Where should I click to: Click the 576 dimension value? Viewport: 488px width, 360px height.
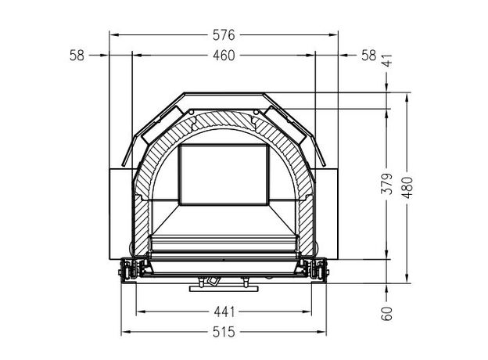click(x=224, y=35)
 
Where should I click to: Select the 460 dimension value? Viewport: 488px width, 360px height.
click(x=224, y=56)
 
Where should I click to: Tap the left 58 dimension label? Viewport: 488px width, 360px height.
click(x=77, y=56)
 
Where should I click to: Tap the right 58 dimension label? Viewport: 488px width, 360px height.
click(x=369, y=56)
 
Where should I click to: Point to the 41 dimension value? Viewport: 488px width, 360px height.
click(x=387, y=60)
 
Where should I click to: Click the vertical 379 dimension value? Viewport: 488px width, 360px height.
click(x=387, y=184)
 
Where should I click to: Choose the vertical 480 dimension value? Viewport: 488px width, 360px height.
click(x=407, y=188)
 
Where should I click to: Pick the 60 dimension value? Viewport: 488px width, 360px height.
click(x=387, y=314)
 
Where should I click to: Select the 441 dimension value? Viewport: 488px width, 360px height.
click(x=224, y=311)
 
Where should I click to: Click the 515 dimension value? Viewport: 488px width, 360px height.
click(x=224, y=333)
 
